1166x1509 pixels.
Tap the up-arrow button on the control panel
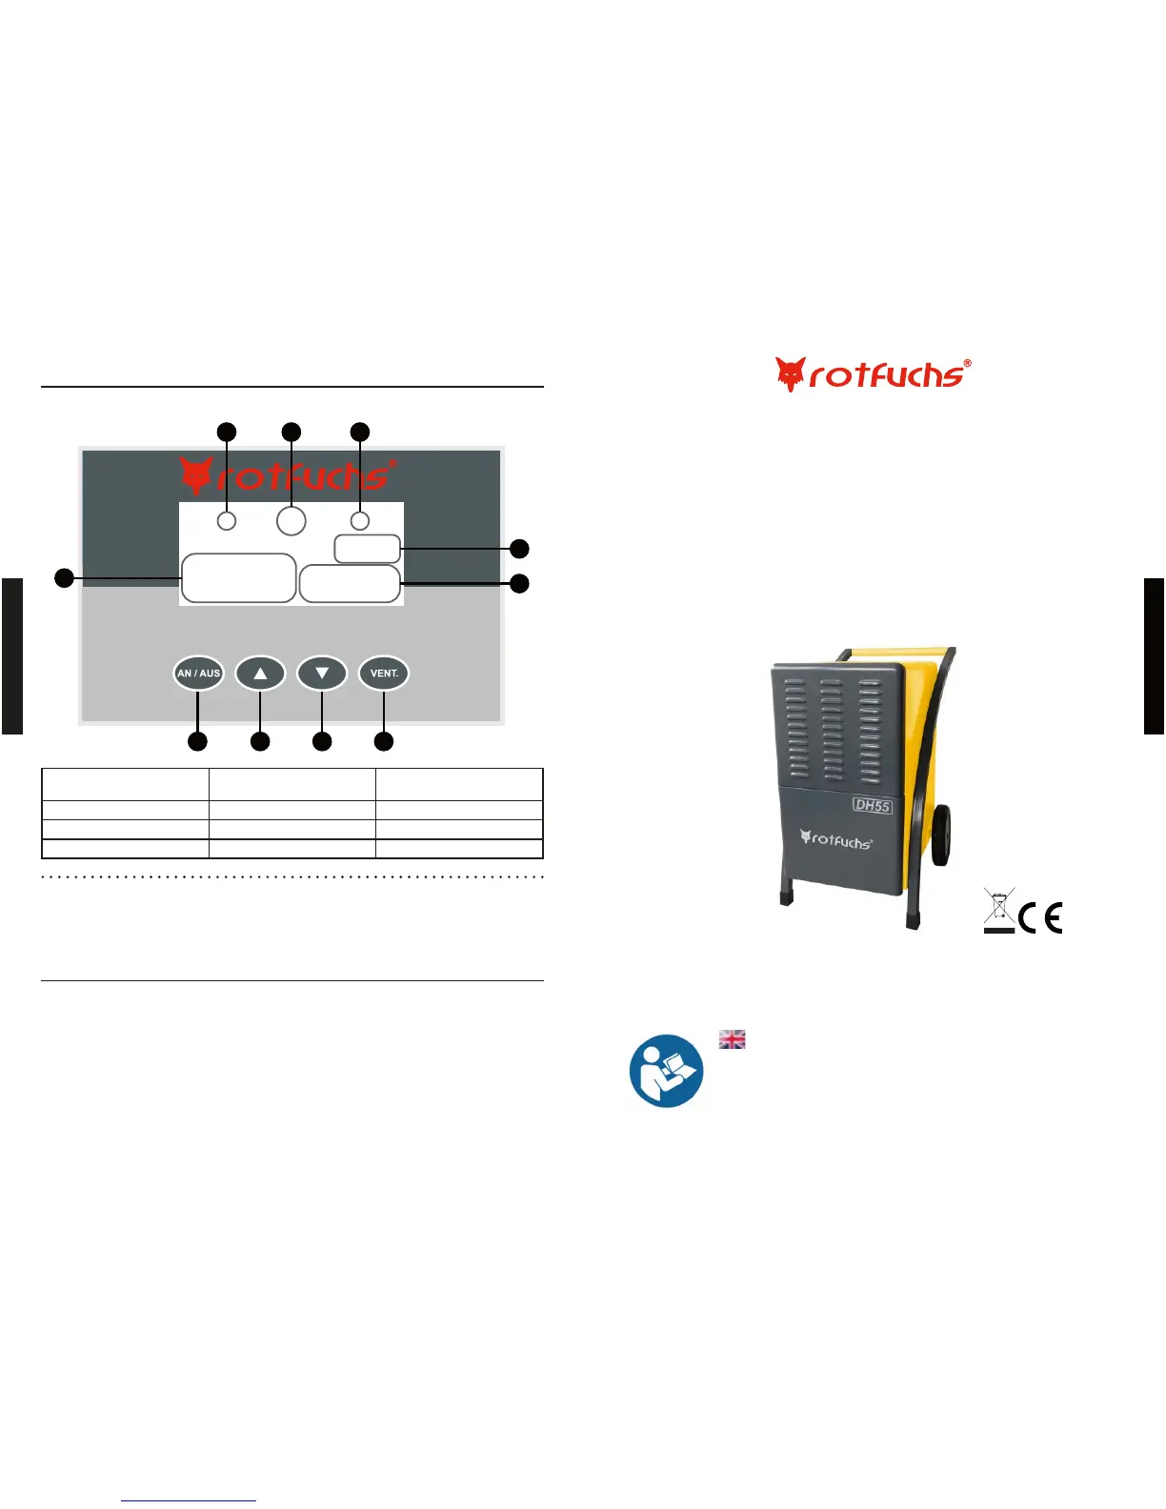tap(260, 673)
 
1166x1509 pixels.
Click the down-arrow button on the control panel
tap(322, 673)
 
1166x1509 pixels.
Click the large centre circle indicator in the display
tap(291, 520)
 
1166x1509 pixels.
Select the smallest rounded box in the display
tap(367, 549)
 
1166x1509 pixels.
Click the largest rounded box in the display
tap(238, 577)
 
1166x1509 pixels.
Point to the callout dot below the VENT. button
tap(383, 741)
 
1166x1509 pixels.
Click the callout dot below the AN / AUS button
tap(197, 741)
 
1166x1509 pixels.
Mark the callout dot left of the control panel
tap(64, 577)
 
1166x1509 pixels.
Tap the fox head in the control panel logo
tap(195, 474)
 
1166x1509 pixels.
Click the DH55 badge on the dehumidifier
tap(872, 805)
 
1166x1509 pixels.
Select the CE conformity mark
tap(1039, 917)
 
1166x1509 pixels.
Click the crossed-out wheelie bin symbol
tap(998, 910)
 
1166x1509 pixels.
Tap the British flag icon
tap(732, 1039)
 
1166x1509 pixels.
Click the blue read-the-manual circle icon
tap(667, 1071)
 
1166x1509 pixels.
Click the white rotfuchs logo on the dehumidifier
tap(835, 839)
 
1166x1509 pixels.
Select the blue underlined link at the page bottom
tap(189, 1500)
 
